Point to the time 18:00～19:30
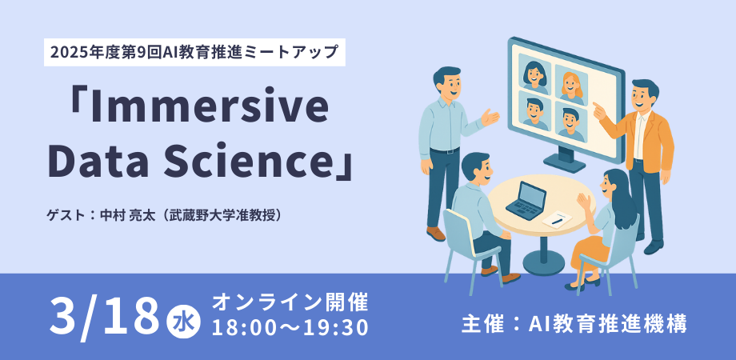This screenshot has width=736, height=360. click(290, 328)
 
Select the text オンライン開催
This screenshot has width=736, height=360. click(290, 302)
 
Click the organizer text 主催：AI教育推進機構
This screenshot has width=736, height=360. click(574, 324)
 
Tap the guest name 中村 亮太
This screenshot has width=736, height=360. click(124, 215)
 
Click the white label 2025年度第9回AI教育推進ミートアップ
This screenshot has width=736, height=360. click(194, 53)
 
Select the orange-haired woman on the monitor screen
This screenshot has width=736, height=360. click(571, 86)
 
